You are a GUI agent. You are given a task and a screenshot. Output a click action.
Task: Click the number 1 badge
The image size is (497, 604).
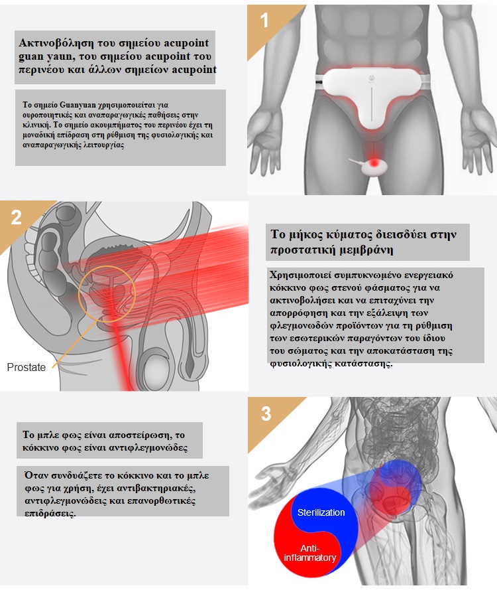(264, 21)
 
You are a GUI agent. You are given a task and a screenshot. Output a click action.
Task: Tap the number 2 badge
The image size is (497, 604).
(16, 218)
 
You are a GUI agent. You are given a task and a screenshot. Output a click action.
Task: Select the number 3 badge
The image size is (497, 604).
(266, 414)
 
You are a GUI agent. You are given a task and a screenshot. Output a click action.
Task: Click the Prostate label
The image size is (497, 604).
(26, 367)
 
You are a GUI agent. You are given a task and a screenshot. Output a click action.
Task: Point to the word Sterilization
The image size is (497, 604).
(321, 512)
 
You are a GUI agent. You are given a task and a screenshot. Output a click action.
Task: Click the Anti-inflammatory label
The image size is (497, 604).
(309, 553)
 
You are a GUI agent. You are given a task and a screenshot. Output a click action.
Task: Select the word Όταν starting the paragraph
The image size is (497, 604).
(34, 475)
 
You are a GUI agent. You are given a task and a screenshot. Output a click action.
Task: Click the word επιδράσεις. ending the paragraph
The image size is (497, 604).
(50, 514)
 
